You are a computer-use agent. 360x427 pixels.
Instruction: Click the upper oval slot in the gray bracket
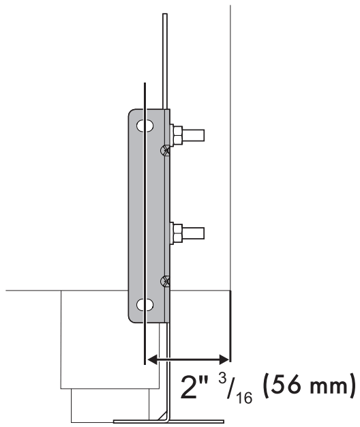144,127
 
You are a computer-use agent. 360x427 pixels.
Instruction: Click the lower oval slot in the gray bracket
144,304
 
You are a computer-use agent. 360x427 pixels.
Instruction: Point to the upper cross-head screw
164,151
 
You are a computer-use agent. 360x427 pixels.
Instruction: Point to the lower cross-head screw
164,280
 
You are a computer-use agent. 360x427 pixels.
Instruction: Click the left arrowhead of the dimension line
151,357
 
